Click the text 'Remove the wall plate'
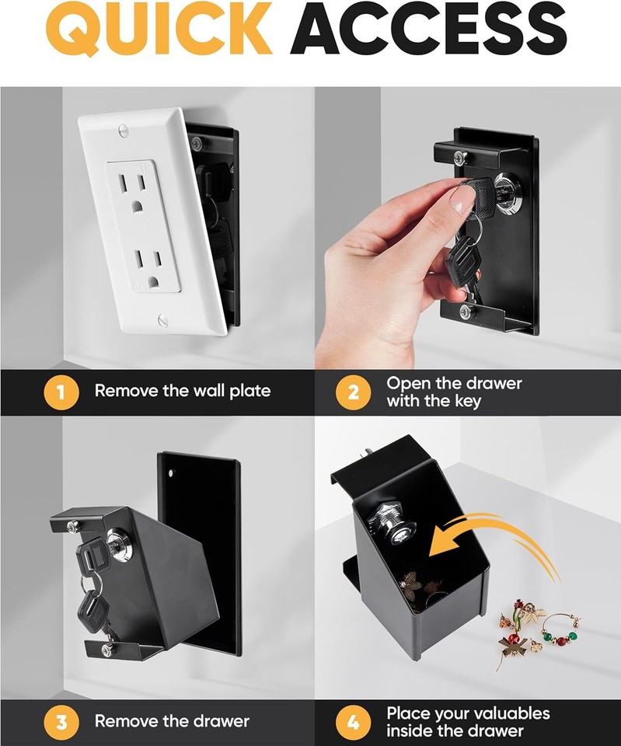183,391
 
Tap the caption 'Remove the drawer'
172,721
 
